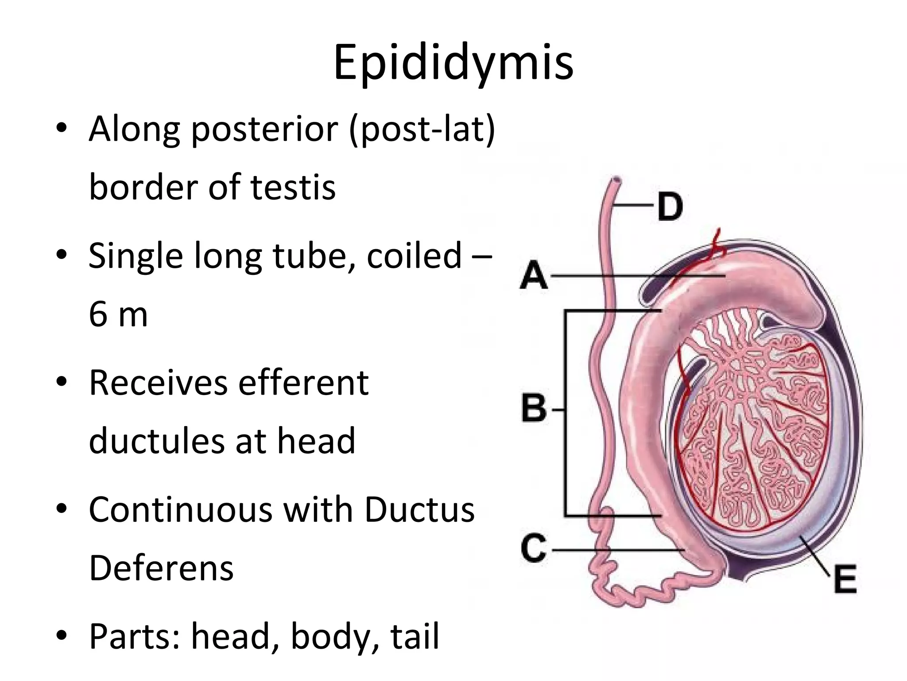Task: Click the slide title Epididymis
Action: click(x=453, y=63)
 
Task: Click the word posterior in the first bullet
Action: click(x=265, y=129)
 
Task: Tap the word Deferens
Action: click(x=161, y=568)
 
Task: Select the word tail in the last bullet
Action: click(x=415, y=637)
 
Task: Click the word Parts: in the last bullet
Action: click(x=135, y=637)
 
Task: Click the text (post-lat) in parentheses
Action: click(x=422, y=129)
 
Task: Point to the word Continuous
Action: click(x=181, y=510)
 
